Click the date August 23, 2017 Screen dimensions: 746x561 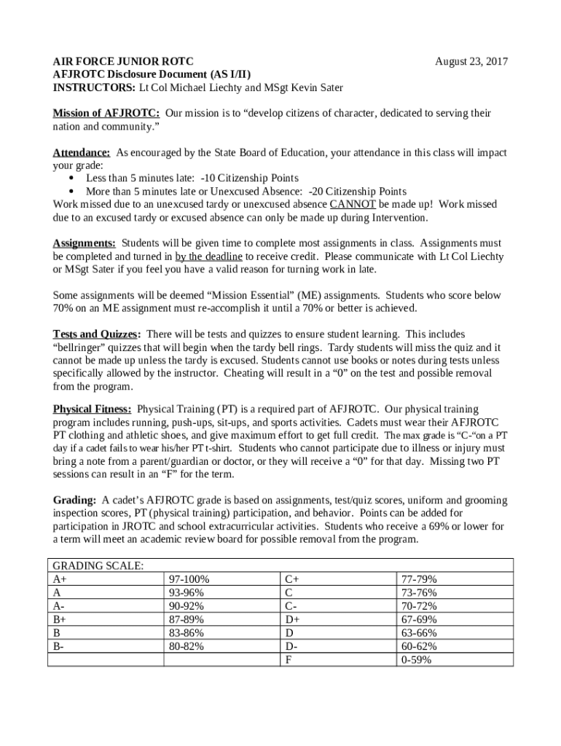[471, 61]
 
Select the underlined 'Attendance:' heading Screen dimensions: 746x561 [82, 153]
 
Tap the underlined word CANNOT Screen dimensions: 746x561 [353, 205]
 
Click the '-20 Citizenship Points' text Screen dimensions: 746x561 [358, 192]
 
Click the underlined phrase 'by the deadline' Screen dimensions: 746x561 [208, 256]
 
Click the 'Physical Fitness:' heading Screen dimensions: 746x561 [93, 409]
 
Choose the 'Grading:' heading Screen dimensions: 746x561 [75, 500]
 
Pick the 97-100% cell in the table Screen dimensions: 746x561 [189, 579]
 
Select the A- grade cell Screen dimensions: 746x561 [58, 606]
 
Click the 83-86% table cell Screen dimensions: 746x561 [187, 633]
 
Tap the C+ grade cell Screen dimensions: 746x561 [292, 579]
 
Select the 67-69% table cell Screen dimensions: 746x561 [419, 619]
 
